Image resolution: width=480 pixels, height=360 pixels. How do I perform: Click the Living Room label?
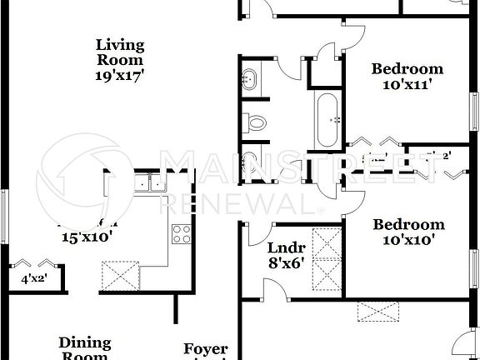point(120,52)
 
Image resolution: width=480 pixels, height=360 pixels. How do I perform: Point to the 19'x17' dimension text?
point(120,75)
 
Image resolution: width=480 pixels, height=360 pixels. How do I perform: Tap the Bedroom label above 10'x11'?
point(407,68)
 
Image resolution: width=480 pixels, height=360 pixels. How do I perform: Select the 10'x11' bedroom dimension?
point(407,83)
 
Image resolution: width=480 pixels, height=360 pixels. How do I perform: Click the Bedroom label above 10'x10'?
point(408,224)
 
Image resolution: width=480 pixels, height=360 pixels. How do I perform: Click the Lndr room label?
point(286,247)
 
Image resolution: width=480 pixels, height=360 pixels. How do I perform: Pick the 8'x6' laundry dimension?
point(286,262)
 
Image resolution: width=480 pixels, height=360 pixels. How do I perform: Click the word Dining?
point(85,342)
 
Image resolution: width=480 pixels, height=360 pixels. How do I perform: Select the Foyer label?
point(206,349)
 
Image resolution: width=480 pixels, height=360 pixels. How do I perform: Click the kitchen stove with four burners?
point(181,234)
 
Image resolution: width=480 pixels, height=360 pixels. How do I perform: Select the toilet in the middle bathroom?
point(256,123)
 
